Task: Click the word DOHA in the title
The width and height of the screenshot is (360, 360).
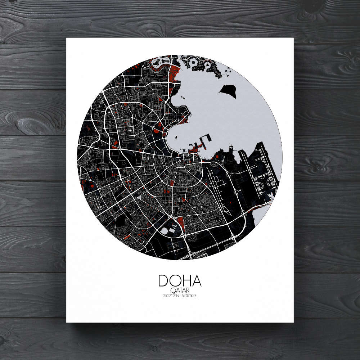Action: coord(180,281)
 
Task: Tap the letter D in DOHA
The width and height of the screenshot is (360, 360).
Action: coord(163,281)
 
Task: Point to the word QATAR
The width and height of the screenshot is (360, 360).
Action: coord(180,290)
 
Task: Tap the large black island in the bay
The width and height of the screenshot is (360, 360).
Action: coord(228,91)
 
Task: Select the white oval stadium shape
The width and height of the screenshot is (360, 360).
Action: coord(165,230)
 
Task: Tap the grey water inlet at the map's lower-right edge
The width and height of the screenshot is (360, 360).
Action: coord(260,216)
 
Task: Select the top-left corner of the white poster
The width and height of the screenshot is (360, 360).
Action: coord(67,38)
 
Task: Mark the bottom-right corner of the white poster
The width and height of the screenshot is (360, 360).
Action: coord(293,322)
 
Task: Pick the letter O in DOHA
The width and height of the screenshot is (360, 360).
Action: coord(175,281)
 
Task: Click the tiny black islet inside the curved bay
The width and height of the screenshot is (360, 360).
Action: coord(182,96)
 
